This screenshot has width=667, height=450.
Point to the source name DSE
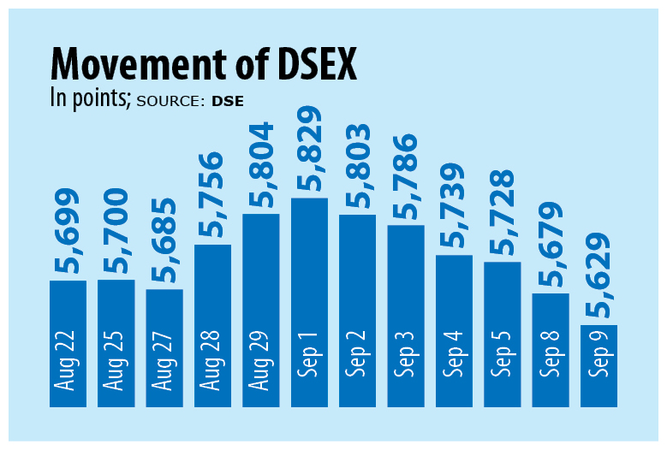tap(228, 100)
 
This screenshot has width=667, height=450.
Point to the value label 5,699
tap(68, 232)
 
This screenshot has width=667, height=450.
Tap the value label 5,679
tap(551, 245)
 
